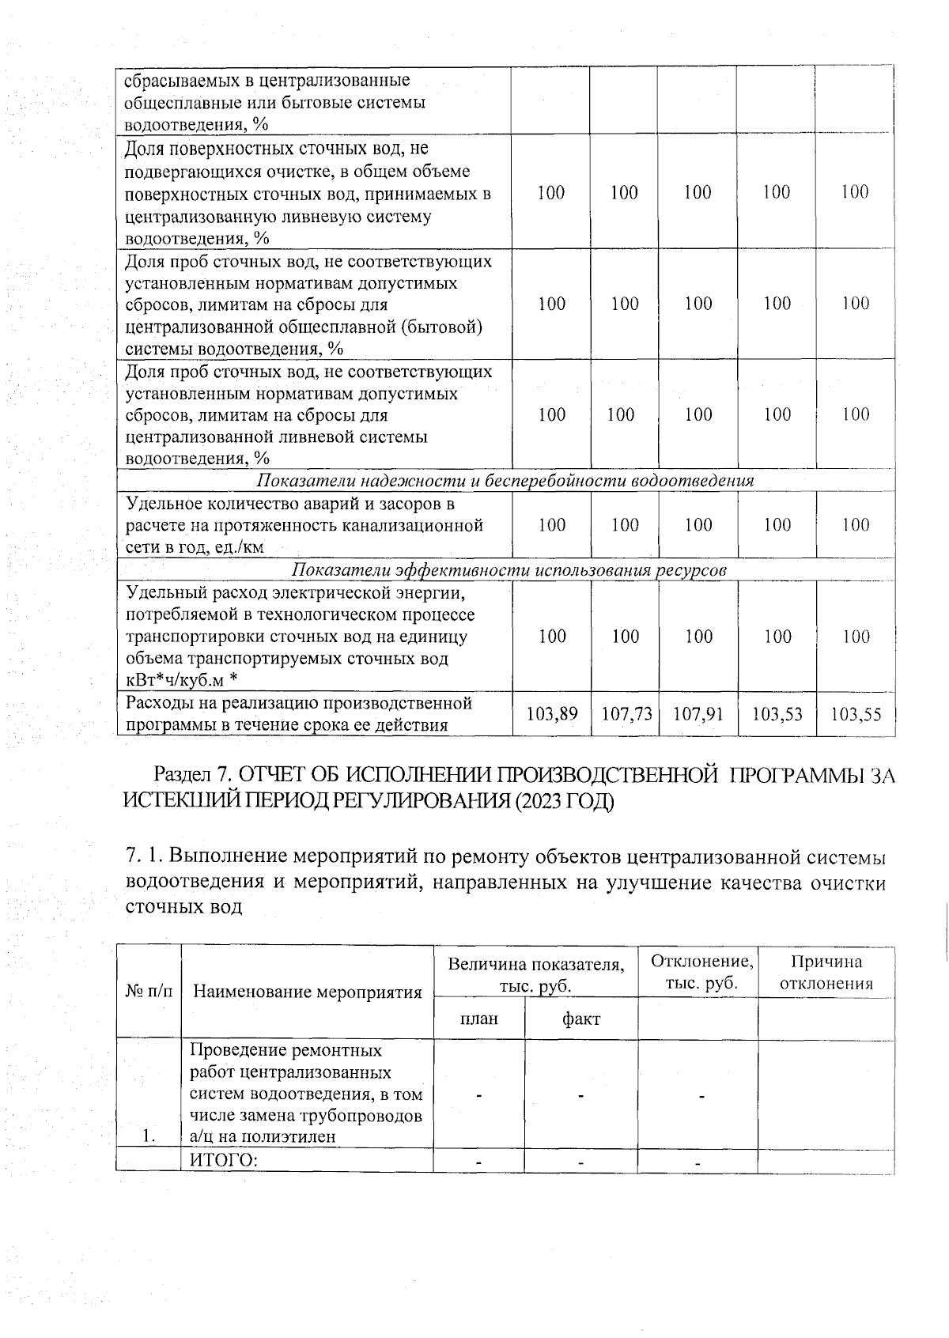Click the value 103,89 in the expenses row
tap(552, 715)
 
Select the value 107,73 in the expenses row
tap(626, 715)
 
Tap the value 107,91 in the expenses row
tap(698, 715)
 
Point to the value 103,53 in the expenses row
tap(777, 715)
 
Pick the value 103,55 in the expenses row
tap(856, 715)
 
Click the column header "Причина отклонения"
tap(826, 973)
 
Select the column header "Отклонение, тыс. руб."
tap(700, 973)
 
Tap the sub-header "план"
tap(479, 1019)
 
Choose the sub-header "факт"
tap(580, 1019)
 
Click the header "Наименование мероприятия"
tap(308, 992)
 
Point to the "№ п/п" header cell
tap(149, 992)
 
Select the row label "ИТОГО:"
tap(224, 1161)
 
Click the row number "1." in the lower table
tap(149, 1137)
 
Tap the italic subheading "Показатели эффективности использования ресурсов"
tap(509, 570)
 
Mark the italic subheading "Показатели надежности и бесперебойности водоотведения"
tap(505, 481)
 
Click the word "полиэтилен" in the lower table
tap(292, 1137)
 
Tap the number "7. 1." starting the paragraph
tap(145, 857)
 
